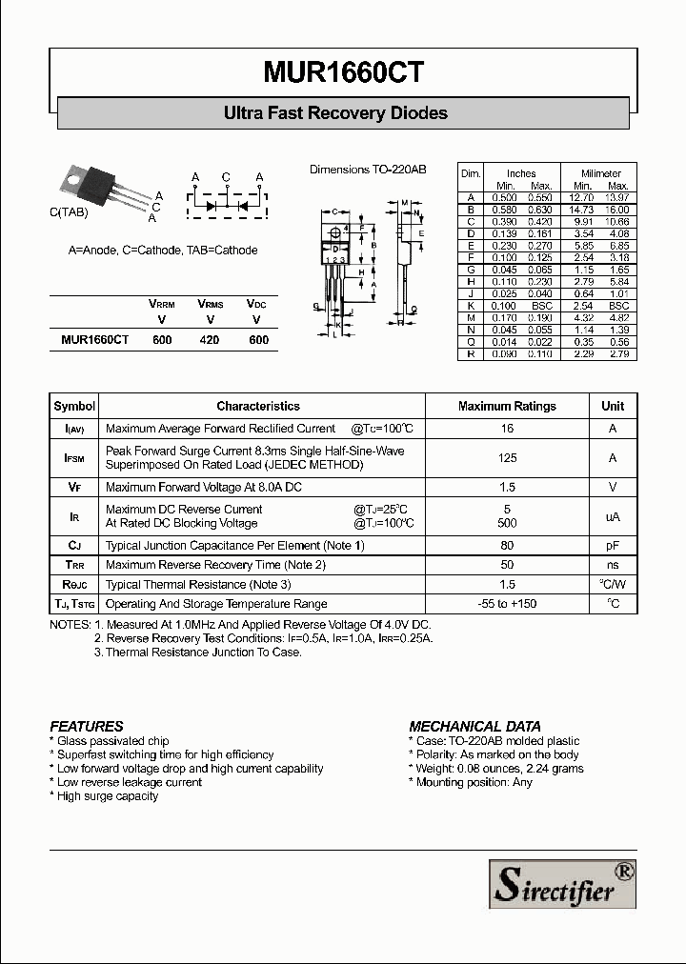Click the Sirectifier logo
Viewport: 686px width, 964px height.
pyautogui.click(x=561, y=883)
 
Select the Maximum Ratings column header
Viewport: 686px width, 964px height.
pyautogui.click(x=507, y=406)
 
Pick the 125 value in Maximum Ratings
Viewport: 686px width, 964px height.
pyautogui.click(x=507, y=458)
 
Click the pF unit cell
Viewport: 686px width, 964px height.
pyautogui.click(x=613, y=546)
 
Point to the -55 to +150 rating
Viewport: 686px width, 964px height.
pyautogui.click(x=507, y=604)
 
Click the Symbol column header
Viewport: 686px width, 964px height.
pyautogui.click(x=74, y=406)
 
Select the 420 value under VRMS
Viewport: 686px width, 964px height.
pyautogui.click(x=210, y=339)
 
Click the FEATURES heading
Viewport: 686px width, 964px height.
pyautogui.click(x=87, y=726)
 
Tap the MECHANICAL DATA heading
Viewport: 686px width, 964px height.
pyautogui.click(x=474, y=726)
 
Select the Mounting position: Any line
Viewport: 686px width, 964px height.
pyautogui.click(x=473, y=782)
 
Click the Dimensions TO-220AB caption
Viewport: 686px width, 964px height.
pyautogui.click(x=368, y=170)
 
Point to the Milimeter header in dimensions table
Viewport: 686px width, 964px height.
pyautogui.click(x=601, y=173)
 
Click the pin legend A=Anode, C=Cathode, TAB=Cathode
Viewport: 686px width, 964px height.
pyautogui.click(x=163, y=251)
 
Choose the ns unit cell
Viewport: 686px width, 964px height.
pyautogui.click(x=613, y=565)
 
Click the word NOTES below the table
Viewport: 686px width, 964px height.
pyautogui.click(x=71, y=624)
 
